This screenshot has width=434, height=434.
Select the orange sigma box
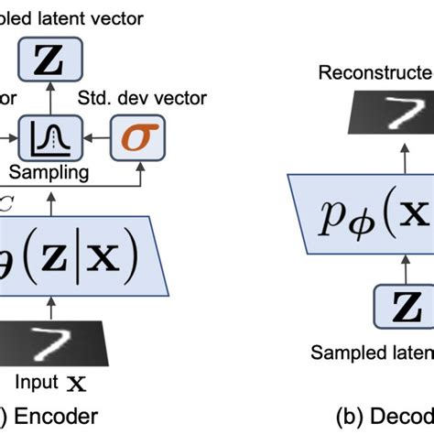(134, 138)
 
